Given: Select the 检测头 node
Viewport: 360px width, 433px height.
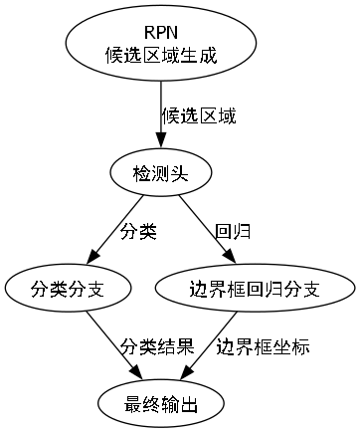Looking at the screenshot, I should point(161,173).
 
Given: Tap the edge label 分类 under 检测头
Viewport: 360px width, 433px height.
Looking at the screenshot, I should point(138,232).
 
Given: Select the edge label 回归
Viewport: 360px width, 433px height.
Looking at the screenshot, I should point(233,232).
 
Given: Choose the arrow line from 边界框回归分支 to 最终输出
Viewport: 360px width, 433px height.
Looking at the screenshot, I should point(211,343).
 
